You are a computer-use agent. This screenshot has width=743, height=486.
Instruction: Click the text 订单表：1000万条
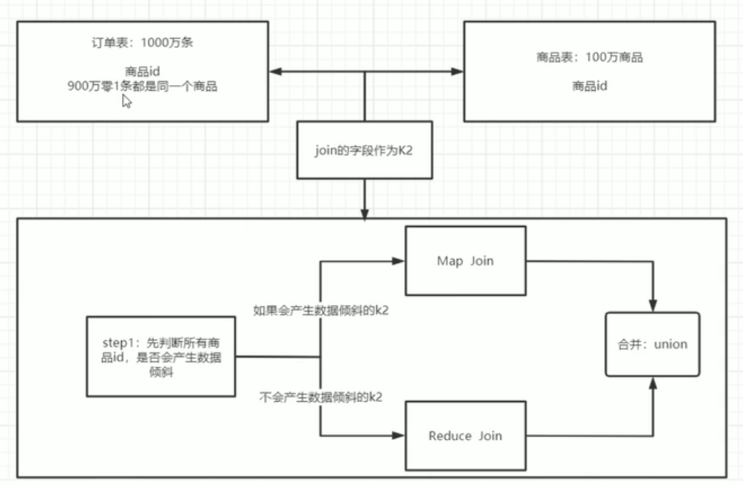(142, 43)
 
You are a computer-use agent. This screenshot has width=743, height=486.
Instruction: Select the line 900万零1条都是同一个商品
(142, 86)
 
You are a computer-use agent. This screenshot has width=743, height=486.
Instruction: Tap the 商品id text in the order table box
(142, 72)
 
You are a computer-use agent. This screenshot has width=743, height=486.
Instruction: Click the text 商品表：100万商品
(590, 57)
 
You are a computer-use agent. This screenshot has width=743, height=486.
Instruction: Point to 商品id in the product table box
(590, 86)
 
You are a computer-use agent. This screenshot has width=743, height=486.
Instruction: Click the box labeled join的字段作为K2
(365, 150)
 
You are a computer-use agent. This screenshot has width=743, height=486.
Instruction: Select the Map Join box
(465, 261)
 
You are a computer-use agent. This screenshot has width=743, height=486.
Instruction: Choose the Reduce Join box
(465, 436)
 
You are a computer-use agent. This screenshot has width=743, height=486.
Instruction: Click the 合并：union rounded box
(653, 344)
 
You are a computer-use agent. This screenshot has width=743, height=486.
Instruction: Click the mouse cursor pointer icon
(127, 101)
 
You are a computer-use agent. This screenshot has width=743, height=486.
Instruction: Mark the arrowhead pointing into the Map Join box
(399, 261)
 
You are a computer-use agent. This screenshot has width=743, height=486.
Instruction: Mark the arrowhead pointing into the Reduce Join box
(399, 436)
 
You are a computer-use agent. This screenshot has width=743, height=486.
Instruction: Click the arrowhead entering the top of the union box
(653, 306)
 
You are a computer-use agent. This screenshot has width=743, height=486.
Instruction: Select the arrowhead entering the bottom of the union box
(653, 382)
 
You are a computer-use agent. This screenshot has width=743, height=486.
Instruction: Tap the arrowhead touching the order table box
(275, 72)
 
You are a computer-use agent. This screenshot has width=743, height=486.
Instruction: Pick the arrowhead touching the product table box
(457, 72)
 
